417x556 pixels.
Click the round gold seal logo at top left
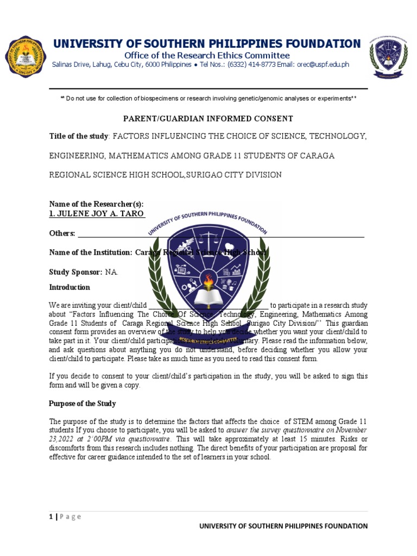click(26, 57)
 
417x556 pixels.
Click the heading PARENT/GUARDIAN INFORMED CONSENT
click(208, 118)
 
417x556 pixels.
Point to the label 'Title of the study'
click(79, 136)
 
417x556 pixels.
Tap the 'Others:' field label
click(62, 233)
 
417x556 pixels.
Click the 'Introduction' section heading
click(69, 287)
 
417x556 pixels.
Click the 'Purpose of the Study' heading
click(83, 404)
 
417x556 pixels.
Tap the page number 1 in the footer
click(50, 516)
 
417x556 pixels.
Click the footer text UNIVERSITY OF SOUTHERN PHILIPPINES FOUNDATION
click(283, 526)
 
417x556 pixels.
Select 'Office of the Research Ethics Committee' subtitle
click(207, 55)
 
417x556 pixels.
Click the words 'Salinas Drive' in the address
click(69, 65)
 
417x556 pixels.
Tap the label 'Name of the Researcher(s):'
click(96, 204)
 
